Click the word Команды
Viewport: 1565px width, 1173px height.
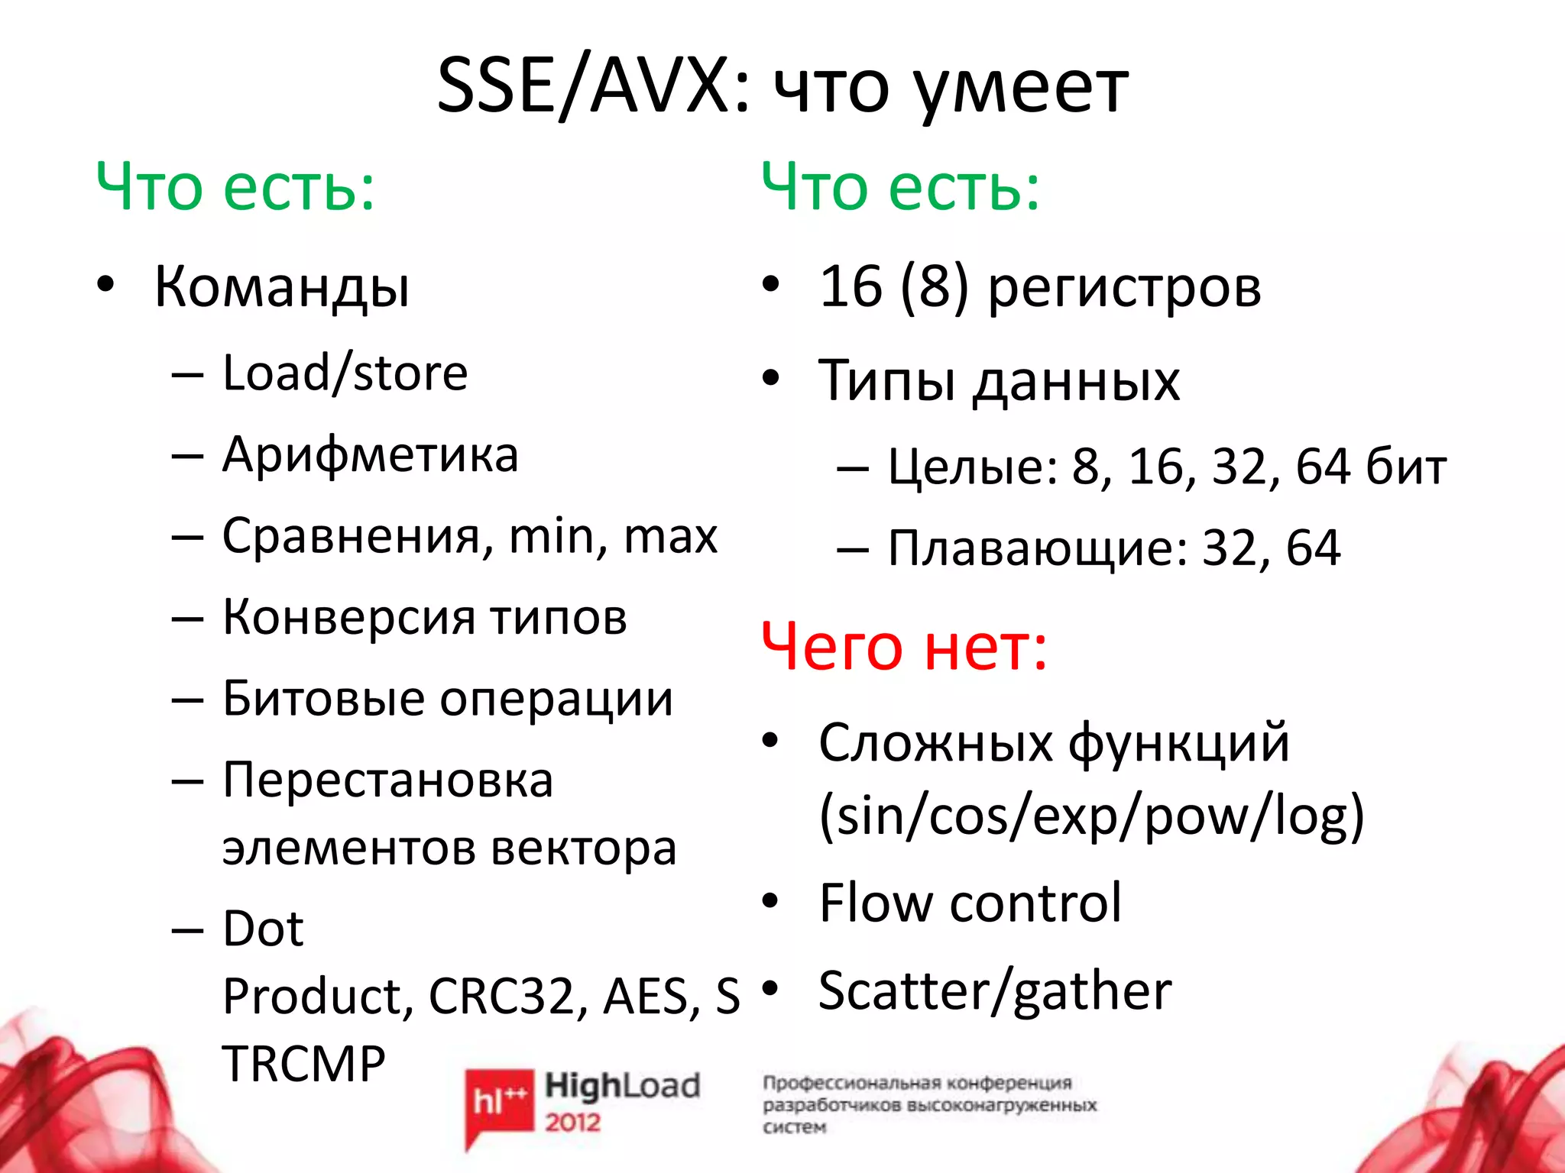[282, 287]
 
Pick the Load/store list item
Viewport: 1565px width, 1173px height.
[345, 373]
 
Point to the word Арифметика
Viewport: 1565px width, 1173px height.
[370, 455]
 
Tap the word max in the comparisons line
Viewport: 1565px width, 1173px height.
[670, 536]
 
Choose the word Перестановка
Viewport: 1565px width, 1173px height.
[387, 780]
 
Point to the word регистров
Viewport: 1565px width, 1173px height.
[1124, 289]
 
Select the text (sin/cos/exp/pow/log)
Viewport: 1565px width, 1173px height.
[1091, 816]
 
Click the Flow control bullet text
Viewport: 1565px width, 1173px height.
[970, 903]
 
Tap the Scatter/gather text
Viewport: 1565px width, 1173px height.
[994, 991]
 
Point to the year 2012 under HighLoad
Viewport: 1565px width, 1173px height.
[572, 1122]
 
